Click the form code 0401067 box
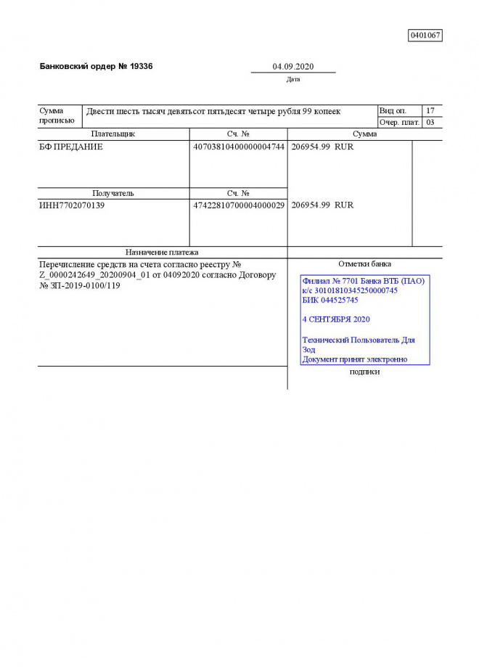[425, 36]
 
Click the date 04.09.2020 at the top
[293, 67]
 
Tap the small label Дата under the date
[293, 80]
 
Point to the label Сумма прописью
[56, 116]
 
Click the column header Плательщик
[112, 134]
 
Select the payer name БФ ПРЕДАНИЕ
[70, 147]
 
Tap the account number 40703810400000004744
[238, 147]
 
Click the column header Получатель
[112, 194]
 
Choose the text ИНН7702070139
[71, 205]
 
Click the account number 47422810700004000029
[238, 205]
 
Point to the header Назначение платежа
[162, 252]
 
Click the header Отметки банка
[364, 263]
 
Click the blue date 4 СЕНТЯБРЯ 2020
[336, 319]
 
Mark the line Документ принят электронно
[355, 359]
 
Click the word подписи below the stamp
[364, 372]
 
